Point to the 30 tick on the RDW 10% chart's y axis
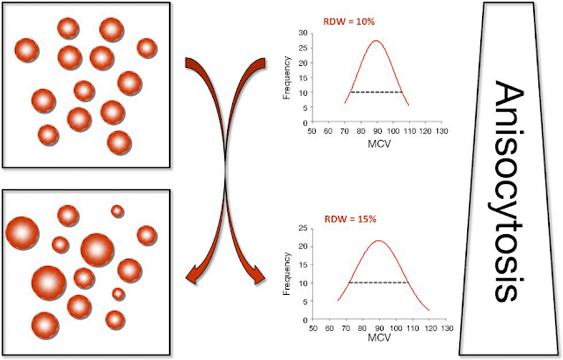coord(303,33)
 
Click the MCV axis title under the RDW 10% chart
coord(377,141)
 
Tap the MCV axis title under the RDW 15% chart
coord(377,337)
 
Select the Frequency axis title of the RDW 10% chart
coord(288,77)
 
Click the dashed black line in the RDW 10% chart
coord(377,92)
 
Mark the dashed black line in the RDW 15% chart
coord(378,283)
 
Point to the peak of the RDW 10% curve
coord(377,40)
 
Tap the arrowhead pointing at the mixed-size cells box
coord(193,279)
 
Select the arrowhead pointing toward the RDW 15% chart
coord(257,279)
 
